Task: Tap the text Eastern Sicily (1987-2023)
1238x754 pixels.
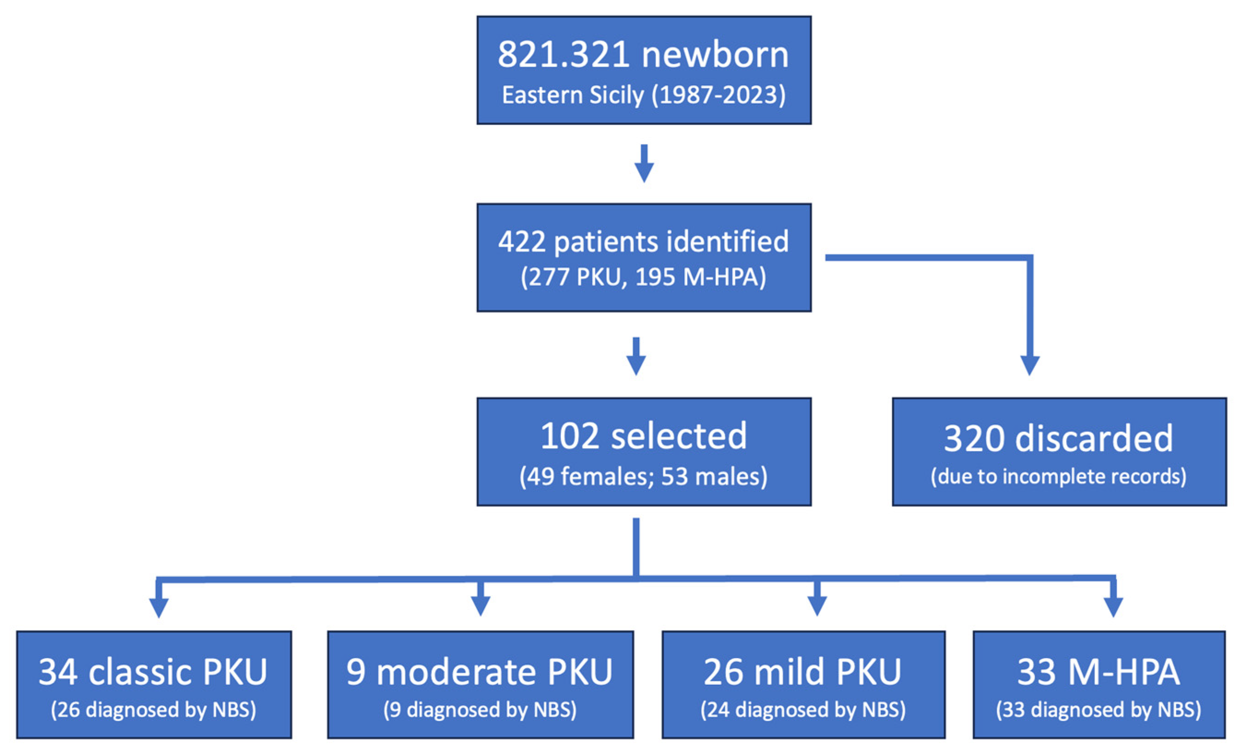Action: [x=644, y=95]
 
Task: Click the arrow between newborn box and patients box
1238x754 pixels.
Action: [x=644, y=164]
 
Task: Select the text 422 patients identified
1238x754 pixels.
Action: [x=644, y=242]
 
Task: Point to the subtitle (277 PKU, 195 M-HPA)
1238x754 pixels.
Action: [x=644, y=277]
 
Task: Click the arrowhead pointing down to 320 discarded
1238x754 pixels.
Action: [x=1030, y=365]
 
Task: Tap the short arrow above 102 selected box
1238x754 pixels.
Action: [x=636, y=357]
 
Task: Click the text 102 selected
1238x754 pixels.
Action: [x=644, y=436]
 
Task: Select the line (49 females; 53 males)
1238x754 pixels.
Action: [x=644, y=476]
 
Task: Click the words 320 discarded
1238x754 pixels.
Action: [x=1059, y=439]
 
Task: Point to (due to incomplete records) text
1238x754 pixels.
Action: [x=1059, y=476]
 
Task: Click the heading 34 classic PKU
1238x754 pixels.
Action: [x=153, y=672]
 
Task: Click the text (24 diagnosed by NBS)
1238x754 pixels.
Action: [x=803, y=710]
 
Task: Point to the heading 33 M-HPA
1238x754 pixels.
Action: [x=1098, y=672]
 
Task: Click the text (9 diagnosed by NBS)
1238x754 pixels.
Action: [x=480, y=710]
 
